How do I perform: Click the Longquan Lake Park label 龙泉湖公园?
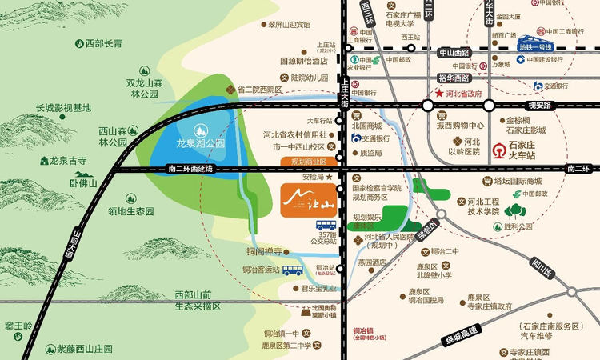click(x=199, y=144)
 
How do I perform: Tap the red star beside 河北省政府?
click(x=438, y=94)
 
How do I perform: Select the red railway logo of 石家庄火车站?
click(x=499, y=148)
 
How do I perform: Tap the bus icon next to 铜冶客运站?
click(x=293, y=270)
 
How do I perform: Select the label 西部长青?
click(x=104, y=42)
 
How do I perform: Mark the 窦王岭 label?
click(x=18, y=326)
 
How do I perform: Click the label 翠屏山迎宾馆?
click(x=289, y=25)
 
